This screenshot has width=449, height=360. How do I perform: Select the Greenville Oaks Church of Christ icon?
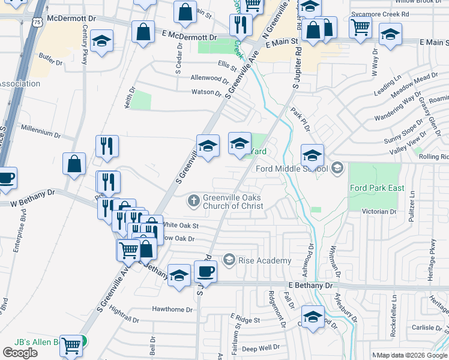point(194,200)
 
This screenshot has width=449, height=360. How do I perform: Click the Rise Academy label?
point(264,260)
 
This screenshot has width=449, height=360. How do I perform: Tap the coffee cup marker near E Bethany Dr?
point(205,272)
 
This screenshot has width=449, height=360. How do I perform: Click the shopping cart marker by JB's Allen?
point(71,346)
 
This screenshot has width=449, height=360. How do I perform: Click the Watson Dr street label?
point(206,92)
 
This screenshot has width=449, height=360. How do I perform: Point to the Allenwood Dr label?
point(209,78)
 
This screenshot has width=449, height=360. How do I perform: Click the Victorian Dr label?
point(380,212)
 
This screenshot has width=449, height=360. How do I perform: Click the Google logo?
point(20,353)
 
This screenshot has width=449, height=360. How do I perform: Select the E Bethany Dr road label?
point(310,286)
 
